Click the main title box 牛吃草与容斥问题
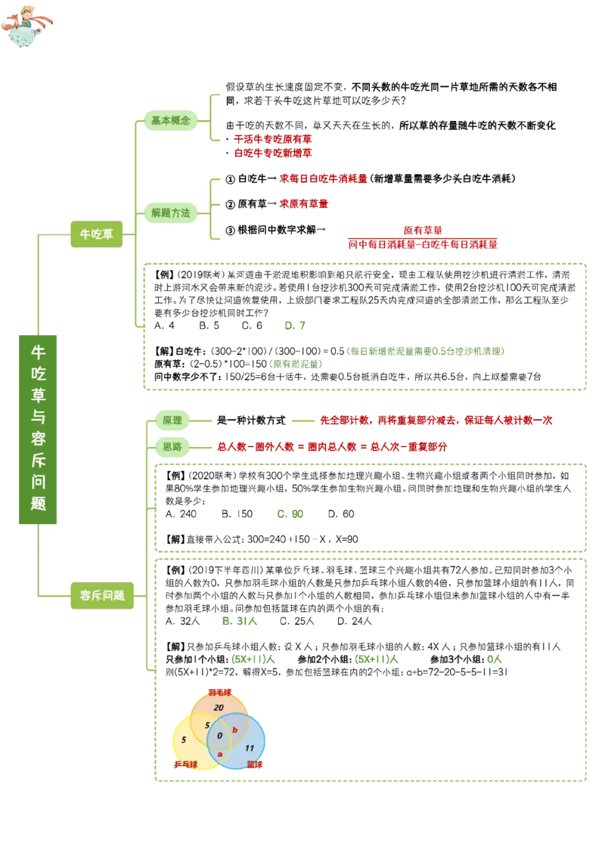[39, 429]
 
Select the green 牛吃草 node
[97, 234]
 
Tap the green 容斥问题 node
[101, 595]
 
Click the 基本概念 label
[171, 120]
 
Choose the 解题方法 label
[171, 213]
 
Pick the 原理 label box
[172, 420]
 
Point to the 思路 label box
[172, 447]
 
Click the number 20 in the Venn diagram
[219, 707]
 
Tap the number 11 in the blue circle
[250, 748]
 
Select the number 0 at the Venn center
[219, 735]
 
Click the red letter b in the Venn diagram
[235, 730]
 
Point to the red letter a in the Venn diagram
[220, 754]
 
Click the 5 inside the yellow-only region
[184, 739]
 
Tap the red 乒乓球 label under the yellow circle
[186, 765]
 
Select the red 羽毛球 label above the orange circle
[219, 691]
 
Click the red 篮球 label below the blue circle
[256, 765]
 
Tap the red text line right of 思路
[332, 447]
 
